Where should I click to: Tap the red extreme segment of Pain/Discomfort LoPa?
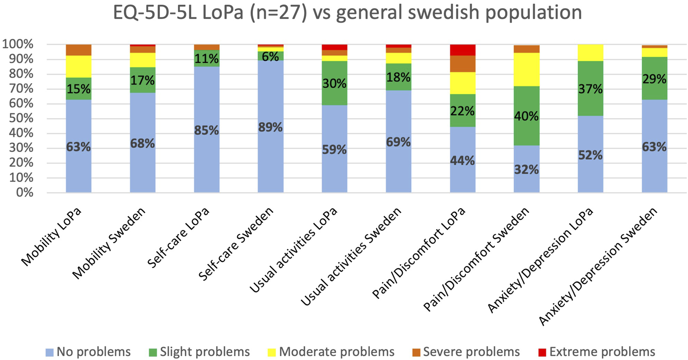coord(462,50)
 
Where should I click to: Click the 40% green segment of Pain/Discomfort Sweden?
coord(526,116)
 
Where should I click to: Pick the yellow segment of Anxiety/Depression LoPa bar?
coord(590,52)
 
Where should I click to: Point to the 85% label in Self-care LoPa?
coord(207,130)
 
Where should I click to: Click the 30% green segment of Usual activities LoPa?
coord(334,83)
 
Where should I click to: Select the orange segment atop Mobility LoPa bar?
coord(78,50)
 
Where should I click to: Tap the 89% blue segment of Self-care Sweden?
coord(270,127)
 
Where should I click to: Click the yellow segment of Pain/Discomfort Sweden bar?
coord(526,69)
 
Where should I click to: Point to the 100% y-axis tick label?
coord(18,45)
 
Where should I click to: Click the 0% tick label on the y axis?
coord(24,193)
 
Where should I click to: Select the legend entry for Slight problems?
coord(200,352)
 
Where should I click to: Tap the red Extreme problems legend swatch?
coord(542,352)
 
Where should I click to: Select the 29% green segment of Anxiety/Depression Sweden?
coord(654,78)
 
